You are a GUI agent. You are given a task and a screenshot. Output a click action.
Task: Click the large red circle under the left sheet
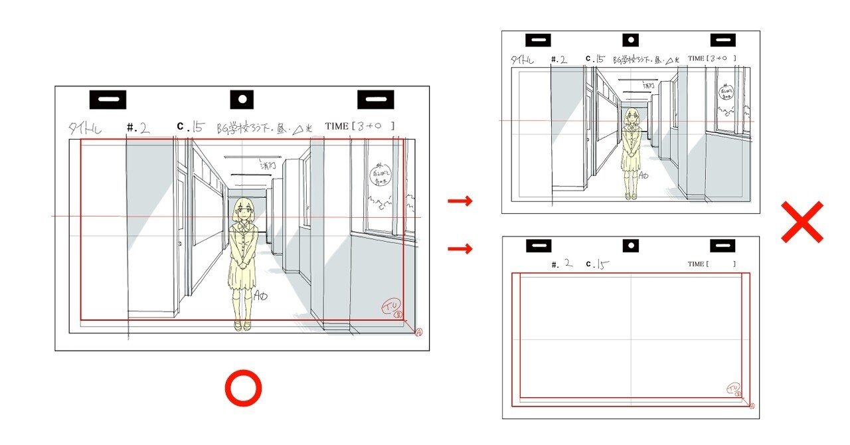[243, 389]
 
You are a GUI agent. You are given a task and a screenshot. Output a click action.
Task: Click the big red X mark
[802, 222]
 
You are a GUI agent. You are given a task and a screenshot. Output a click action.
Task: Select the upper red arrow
[460, 201]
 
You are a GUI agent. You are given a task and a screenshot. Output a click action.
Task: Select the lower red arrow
[460, 249]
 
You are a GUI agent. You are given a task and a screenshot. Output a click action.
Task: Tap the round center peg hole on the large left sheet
[242, 100]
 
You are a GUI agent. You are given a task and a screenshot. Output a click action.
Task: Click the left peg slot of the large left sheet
[108, 100]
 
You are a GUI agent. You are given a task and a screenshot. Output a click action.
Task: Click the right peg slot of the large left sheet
[376, 100]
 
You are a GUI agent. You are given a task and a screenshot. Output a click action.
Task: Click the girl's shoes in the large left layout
[242, 325]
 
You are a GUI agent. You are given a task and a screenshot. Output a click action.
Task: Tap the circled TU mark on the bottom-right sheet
[733, 388]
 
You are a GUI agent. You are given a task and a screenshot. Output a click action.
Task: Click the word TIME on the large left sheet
[338, 126]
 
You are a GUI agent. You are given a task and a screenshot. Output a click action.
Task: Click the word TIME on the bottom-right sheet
[696, 264]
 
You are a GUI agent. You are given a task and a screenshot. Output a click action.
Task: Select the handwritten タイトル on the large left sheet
[85, 128]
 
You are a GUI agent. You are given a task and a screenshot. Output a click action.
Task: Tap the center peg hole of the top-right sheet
[630, 41]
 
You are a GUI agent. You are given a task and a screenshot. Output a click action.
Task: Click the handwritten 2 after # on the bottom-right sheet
[568, 264]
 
